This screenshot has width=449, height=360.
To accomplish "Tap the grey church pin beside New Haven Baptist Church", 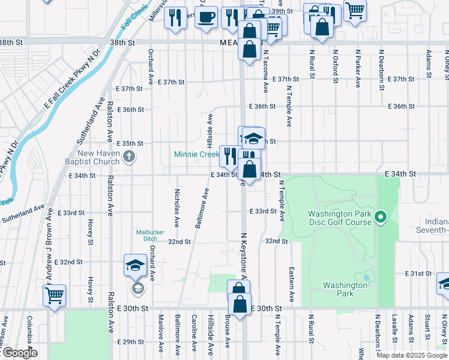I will pos(128,157).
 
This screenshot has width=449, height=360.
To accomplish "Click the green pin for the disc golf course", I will pos(379,217).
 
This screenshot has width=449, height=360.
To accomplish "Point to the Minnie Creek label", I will pos(196,154).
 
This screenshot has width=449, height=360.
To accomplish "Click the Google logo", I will pos(20,353).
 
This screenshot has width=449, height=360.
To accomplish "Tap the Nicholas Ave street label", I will pos(176,208).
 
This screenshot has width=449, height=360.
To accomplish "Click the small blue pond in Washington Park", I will pos(366,278).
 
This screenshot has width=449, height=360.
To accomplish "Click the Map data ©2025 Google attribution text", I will pos(411,355).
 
